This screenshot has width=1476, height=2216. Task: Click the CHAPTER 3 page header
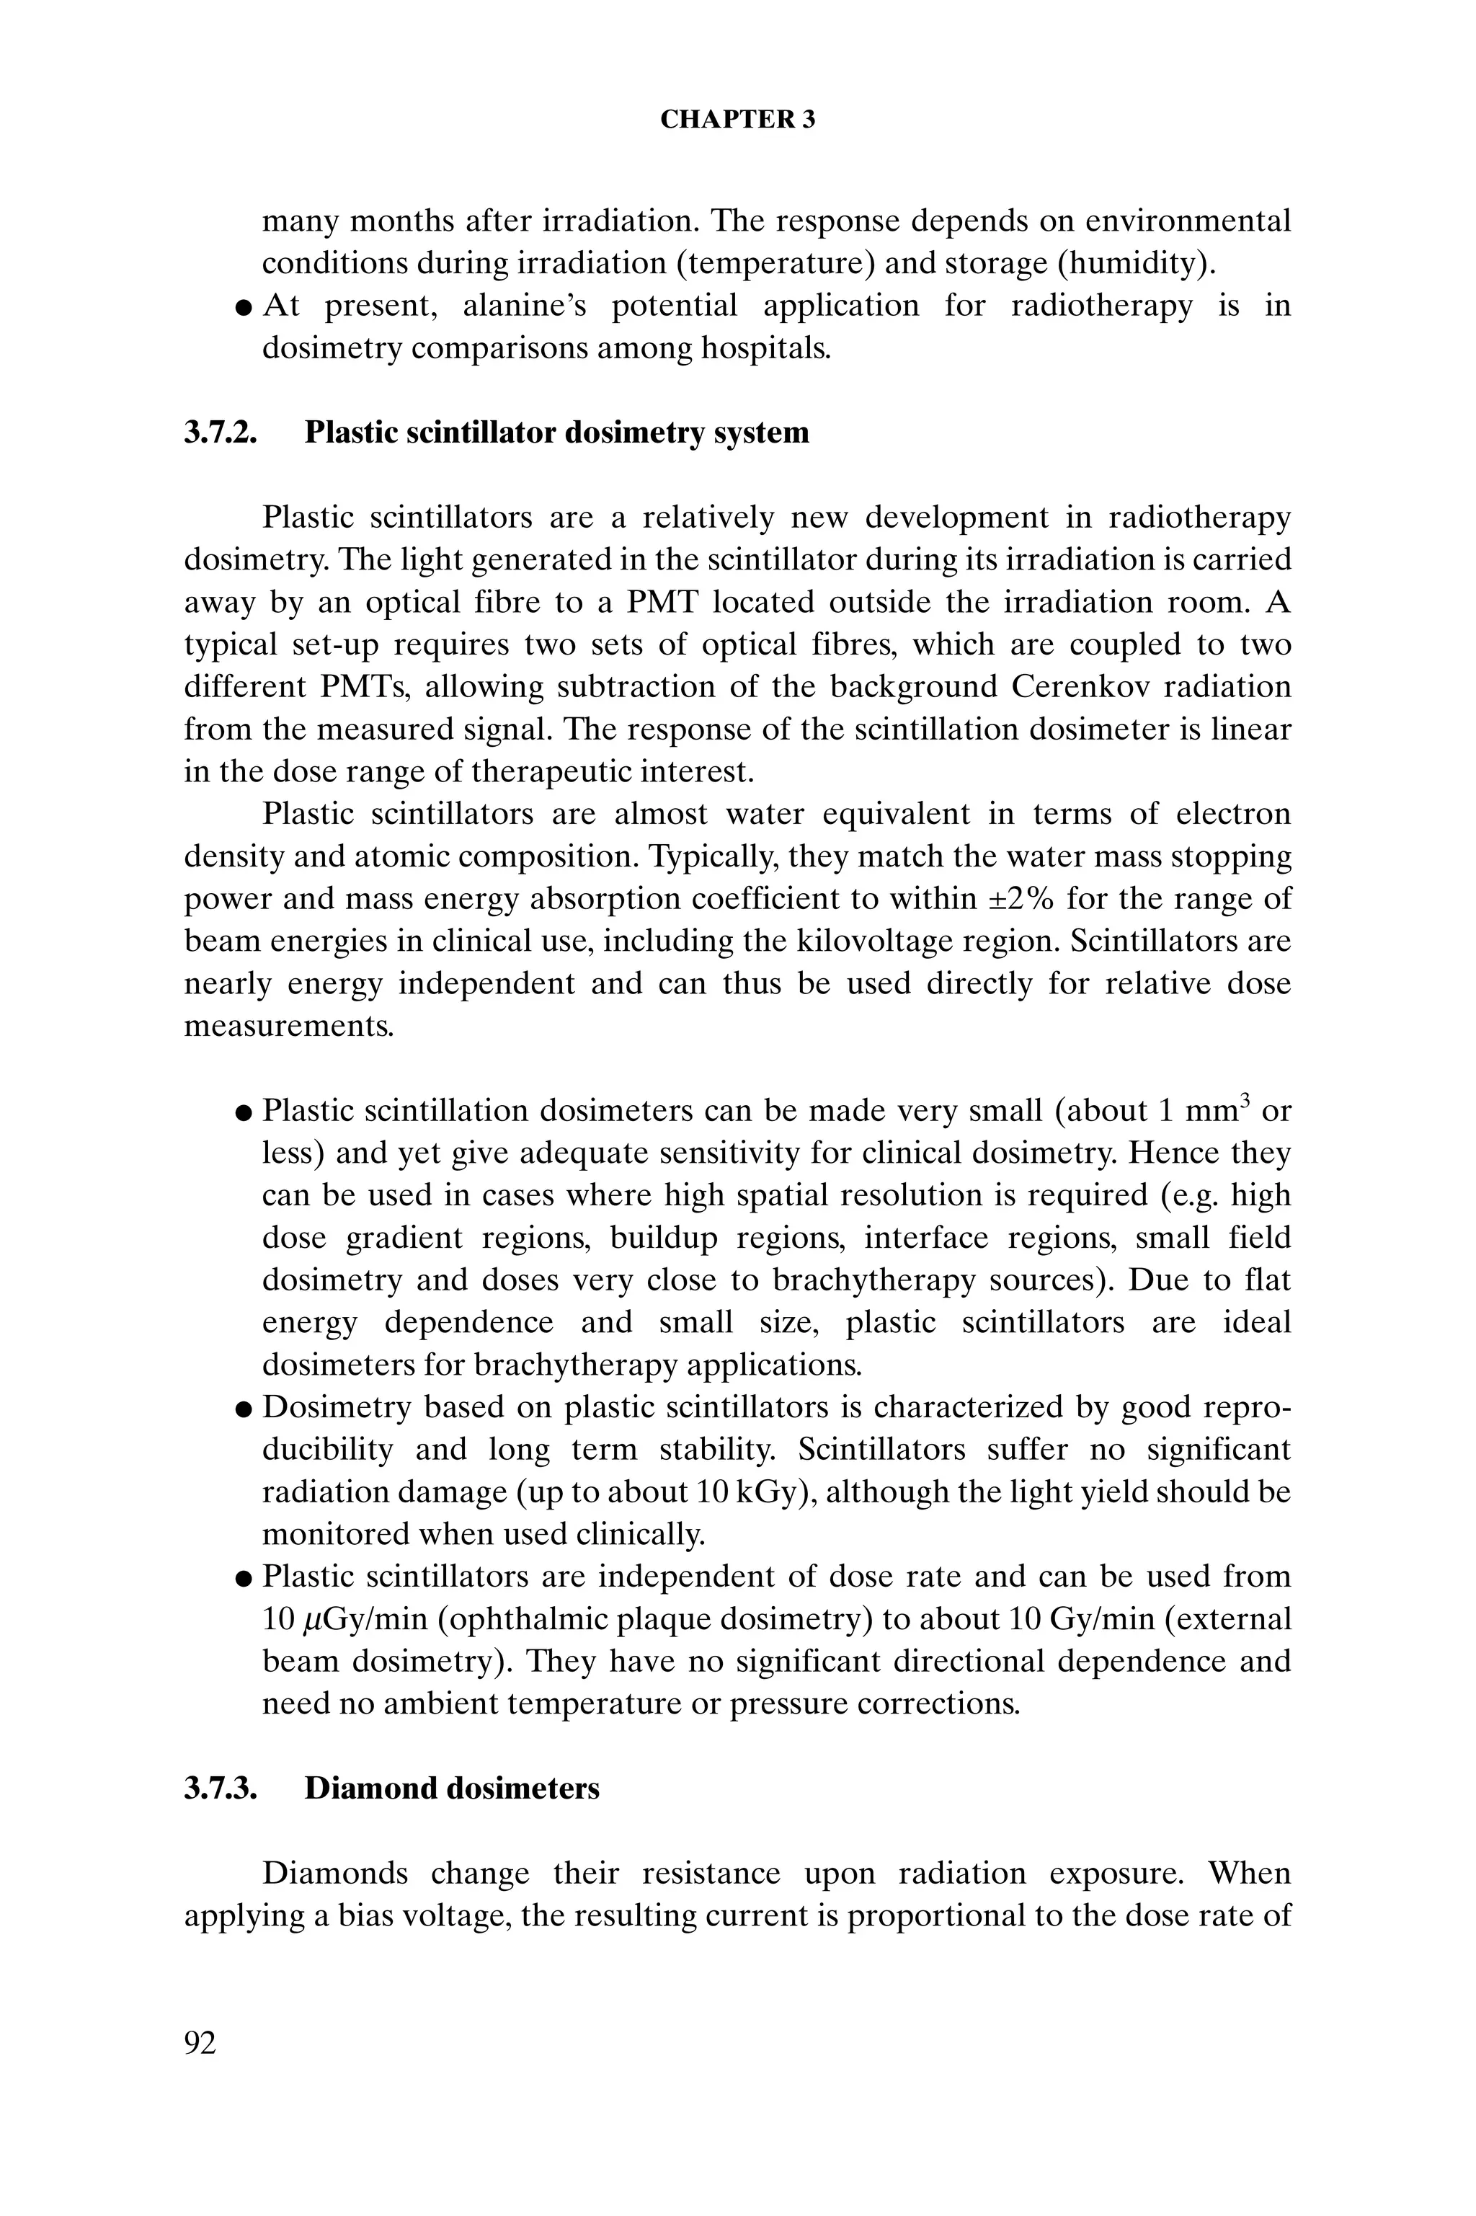coord(737,120)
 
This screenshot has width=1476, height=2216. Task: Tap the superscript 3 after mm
coord(1243,1101)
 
